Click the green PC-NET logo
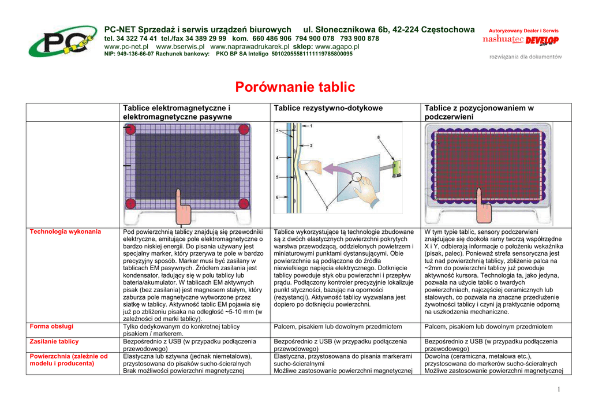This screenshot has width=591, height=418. pyautogui.click(x=62, y=41)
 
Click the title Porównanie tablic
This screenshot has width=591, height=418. pyautogui.click(x=295, y=87)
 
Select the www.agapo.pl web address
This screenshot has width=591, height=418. pyautogui.click(x=337, y=46)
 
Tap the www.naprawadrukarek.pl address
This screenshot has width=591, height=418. pyautogui.click(x=249, y=46)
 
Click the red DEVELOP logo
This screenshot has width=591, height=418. pyautogui.click(x=542, y=40)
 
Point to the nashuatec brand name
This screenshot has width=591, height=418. pyautogui.click(x=503, y=39)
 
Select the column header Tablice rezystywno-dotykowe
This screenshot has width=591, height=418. pyautogui.click(x=328, y=108)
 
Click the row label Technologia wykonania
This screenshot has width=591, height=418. pyautogui.click(x=65, y=232)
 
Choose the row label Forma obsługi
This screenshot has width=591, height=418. pyautogui.click(x=51, y=326)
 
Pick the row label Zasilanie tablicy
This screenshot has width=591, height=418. pyautogui.click(x=54, y=341)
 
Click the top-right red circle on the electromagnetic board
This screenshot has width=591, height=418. pyautogui.click(x=244, y=129)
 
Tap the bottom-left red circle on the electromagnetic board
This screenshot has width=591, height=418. pyautogui.click(x=131, y=203)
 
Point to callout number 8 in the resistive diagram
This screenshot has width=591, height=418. pyautogui.click(x=379, y=137)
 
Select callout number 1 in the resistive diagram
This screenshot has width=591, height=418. pyautogui.click(x=311, y=125)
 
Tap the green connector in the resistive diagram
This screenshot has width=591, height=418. pyautogui.click(x=397, y=170)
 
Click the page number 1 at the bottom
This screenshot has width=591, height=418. pyautogui.click(x=559, y=389)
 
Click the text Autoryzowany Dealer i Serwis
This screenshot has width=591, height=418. pyautogui.click(x=523, y=31)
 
